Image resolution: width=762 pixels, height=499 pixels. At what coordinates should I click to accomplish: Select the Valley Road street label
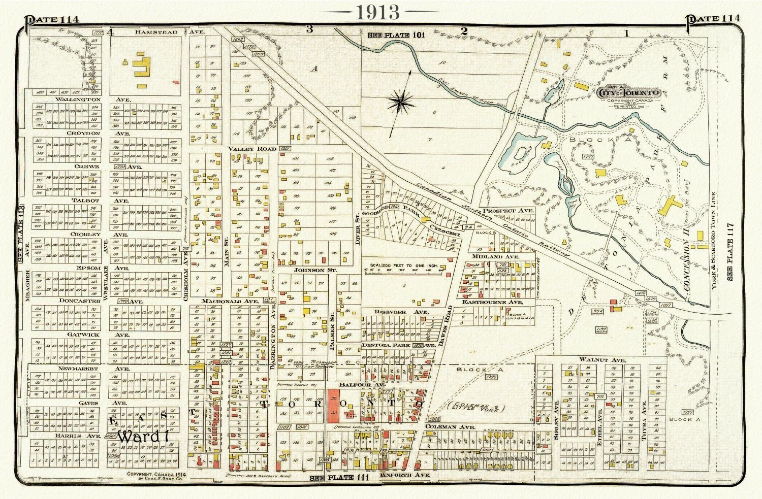[x=252, y=149]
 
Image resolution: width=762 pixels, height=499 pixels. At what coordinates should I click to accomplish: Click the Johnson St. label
[x=315, y=271]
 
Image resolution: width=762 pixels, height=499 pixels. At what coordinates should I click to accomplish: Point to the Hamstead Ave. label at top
[x=163, y=32]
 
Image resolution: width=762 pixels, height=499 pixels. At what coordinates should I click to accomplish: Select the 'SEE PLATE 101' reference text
[x=395, y=35]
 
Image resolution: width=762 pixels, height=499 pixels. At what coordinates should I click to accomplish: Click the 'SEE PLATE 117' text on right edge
[x=730, y=252]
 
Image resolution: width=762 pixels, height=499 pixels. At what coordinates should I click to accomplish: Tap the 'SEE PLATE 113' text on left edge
[x=21, y=234]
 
